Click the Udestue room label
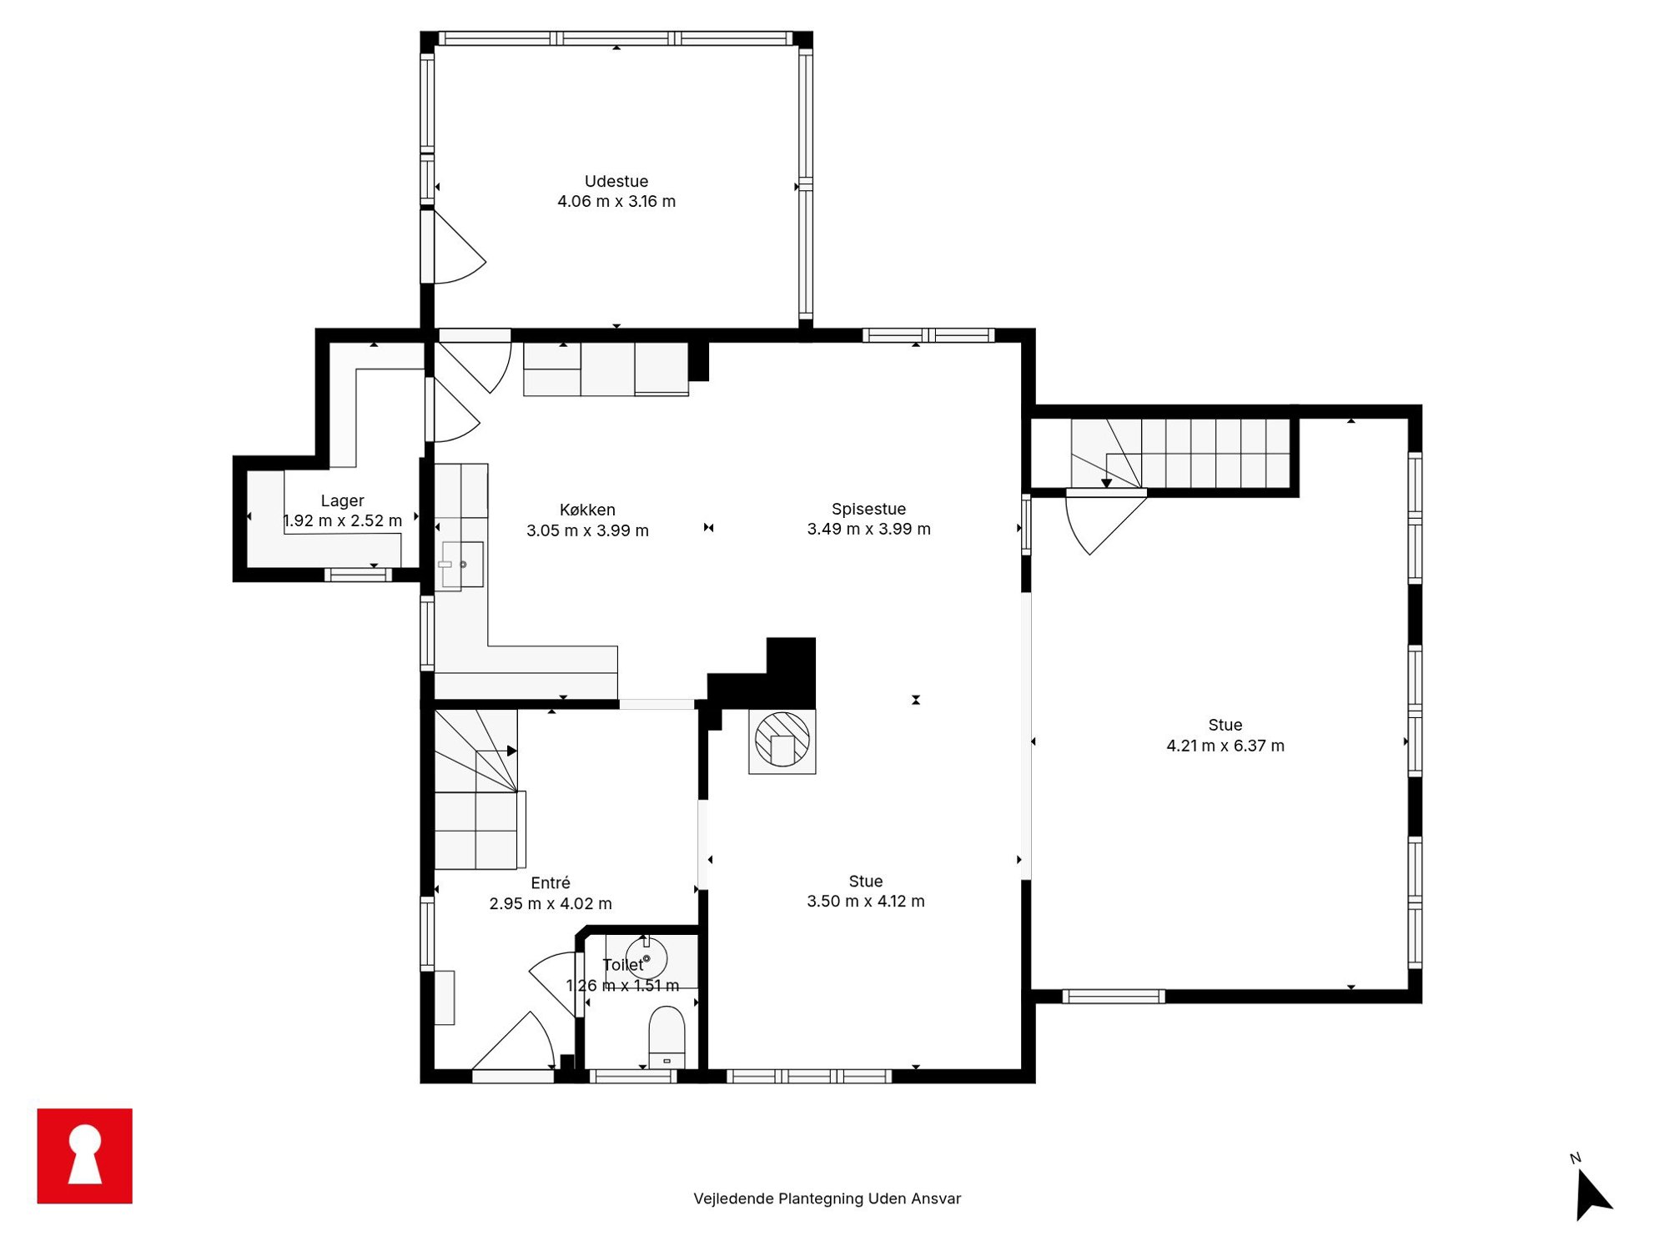click(x=616, y=181)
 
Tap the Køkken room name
click(x=587, y=510)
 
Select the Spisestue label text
click(x=868, y=509)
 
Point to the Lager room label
click(x=342, y=500)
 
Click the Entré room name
click(x=551, y=882)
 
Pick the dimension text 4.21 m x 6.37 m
click(x=1225, y=746)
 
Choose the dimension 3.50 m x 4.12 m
click(x=866, y=901)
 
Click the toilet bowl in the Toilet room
click(x=667, y=1037)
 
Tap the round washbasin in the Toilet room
click(x=646, y=957)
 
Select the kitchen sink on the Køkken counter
click(x=462, y=565)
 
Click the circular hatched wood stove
click(x=782, y=739)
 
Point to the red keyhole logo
click(x=85, y=1155)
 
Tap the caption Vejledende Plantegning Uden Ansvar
click(x=827, y=1198)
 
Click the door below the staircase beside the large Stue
click(x=1106, y=522)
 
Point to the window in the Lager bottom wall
click(x=358, y=575)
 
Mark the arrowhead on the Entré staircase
click(x=512, y=751)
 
